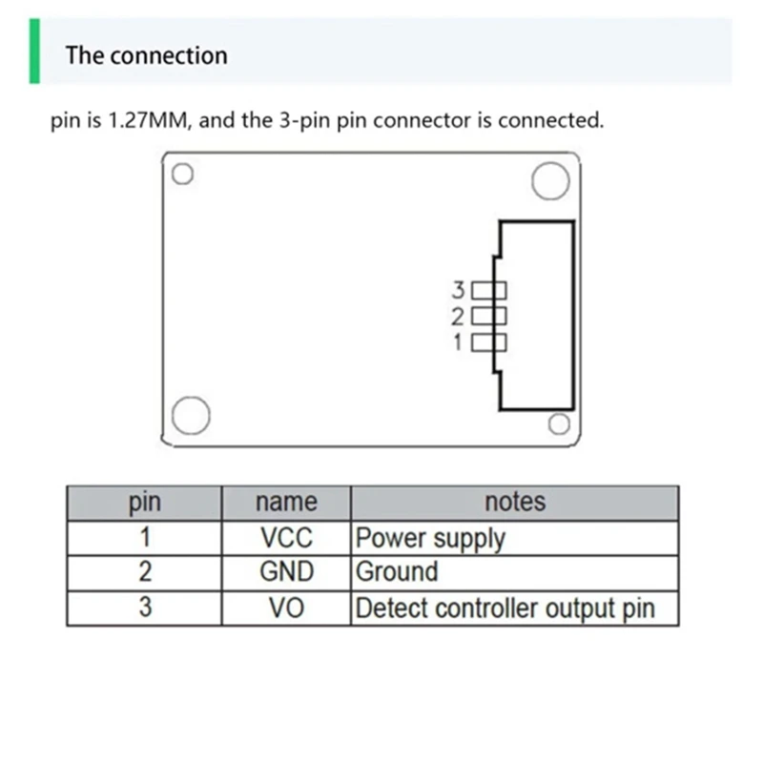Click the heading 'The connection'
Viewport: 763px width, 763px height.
pos(146,55)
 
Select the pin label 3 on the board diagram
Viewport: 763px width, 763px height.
pos(458,289)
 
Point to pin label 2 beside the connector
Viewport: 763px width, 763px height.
pos(458,316)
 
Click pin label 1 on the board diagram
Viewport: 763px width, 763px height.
pos(458,341)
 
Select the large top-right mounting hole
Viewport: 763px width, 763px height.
pos(550,181)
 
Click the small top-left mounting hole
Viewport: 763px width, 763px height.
pos(183,175)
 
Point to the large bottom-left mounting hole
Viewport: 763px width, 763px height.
pos(191,416)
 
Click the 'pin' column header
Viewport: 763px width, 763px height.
pos(144,503)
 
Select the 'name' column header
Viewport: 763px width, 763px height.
pos(286,503)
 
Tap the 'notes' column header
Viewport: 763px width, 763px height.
pos(515,503)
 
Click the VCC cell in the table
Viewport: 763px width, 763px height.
pos(286,538)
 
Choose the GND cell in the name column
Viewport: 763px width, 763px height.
pos(286,572)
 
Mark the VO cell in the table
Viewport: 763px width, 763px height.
pos(286,608)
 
